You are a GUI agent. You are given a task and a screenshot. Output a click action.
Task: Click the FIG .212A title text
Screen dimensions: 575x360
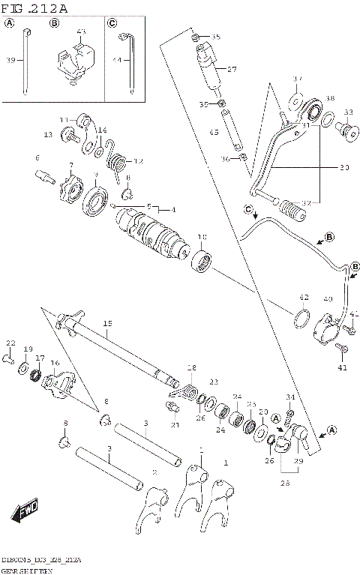point(34,8)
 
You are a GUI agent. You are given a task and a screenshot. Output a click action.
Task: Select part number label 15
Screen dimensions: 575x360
point(107,324)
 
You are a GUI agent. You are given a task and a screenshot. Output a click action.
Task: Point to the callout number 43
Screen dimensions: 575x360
point(81,31)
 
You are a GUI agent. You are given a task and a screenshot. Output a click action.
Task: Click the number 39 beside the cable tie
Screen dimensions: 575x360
point(10,61)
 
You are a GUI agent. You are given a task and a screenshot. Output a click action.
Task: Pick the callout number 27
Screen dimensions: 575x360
point(232,68)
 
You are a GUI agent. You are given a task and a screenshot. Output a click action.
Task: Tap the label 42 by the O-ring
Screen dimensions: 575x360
point(304,297)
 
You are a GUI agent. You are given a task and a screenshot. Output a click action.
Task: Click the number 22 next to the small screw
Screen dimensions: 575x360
point(10,343)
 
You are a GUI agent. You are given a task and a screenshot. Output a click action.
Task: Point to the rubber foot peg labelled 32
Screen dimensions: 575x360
point(290,208)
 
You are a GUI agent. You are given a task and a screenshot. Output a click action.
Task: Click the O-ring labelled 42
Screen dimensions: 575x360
point(300,318)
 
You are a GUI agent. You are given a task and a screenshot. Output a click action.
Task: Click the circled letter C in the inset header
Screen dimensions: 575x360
point(112,22)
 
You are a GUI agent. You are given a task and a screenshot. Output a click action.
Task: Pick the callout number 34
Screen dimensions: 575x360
point(290,397)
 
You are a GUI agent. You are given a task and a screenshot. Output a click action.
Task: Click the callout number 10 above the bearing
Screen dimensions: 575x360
point(202,238)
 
